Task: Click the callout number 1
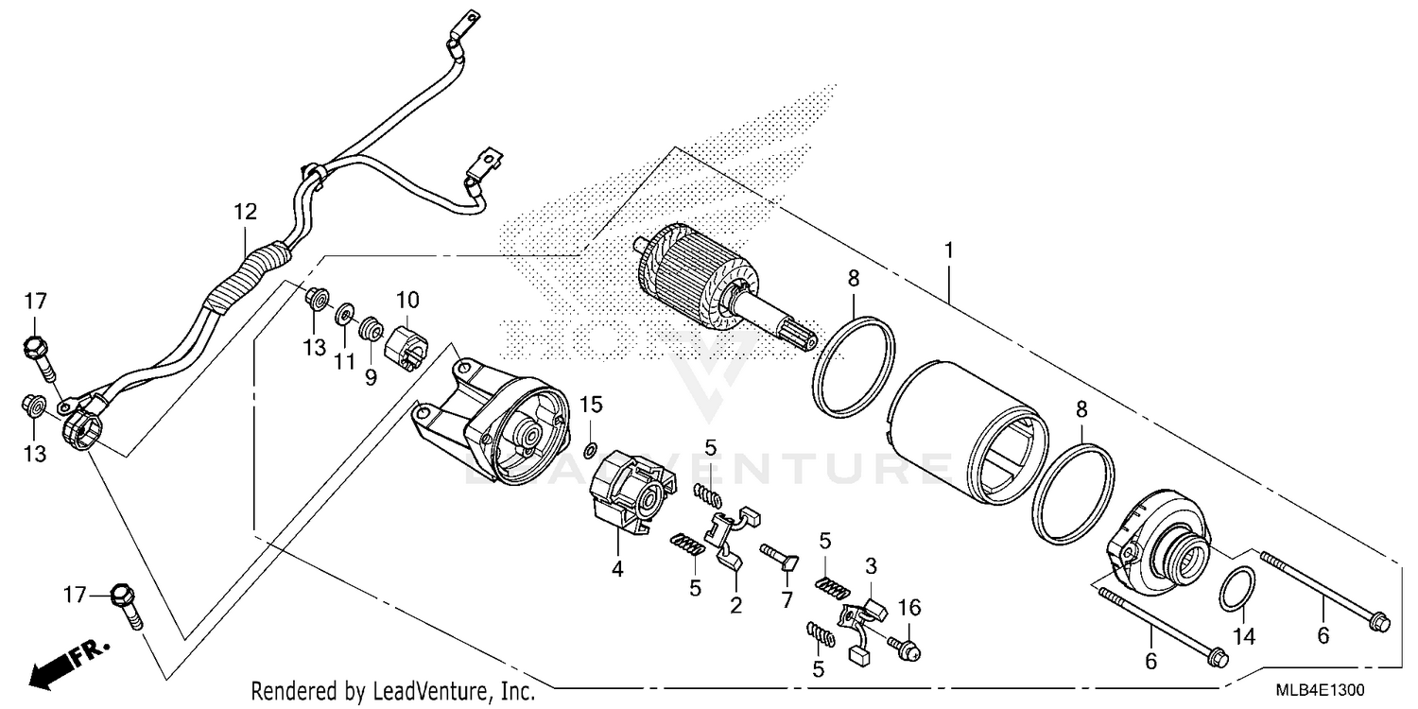948,225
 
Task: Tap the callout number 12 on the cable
246,212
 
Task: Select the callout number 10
407,301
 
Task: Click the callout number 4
617,569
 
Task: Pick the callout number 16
908,607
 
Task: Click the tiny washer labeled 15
591,449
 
